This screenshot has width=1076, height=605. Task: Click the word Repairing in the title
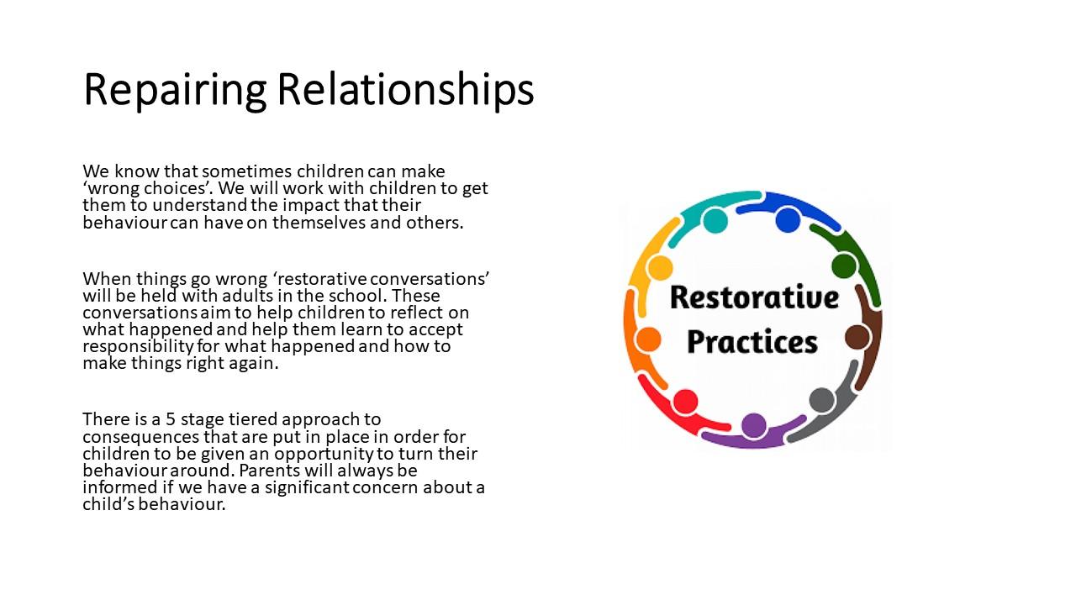175,90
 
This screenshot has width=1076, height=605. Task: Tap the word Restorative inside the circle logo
754,297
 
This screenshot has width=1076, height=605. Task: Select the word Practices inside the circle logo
752,342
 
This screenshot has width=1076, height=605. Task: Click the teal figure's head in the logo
715,220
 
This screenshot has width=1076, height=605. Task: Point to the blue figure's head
788,219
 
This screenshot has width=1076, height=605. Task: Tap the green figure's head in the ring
844,266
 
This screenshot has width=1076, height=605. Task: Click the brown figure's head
857,337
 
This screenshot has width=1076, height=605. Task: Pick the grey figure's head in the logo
822,399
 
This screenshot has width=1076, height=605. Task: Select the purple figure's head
754,425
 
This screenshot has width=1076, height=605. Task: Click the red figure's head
685,401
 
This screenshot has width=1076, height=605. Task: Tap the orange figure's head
648,339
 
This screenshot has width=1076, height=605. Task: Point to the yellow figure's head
660,267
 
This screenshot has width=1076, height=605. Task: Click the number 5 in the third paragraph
171,419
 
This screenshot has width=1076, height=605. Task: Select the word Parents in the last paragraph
270,470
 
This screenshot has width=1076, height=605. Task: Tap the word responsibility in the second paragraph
139,347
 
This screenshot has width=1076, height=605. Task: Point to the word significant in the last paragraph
307,487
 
